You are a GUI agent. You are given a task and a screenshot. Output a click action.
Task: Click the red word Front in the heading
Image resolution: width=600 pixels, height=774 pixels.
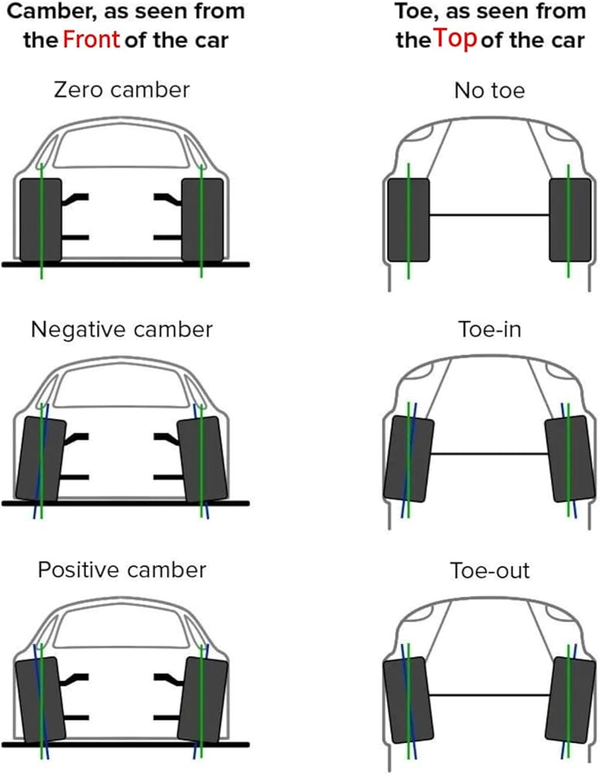click(x=91, y=39)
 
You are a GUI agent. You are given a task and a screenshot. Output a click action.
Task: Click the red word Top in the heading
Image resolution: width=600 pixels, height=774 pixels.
click(x=455, y=39)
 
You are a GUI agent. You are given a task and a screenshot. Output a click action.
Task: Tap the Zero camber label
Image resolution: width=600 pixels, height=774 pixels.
click(x=121, y=90)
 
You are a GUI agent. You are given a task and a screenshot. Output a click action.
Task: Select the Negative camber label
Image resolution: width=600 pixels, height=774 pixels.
click(x=122, y=330)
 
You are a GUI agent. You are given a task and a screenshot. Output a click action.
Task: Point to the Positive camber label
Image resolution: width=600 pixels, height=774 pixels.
click(x=122, y=570)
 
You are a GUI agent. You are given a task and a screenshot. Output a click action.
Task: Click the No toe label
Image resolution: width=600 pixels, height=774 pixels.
click(x=489, y=91)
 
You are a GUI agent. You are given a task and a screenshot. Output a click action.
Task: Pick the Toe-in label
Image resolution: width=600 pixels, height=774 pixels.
click(x=489, y=330)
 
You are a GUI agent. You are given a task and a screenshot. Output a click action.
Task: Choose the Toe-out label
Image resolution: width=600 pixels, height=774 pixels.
click(x=489, y=571)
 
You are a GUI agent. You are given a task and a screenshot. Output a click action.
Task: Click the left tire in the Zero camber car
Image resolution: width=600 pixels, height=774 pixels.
click(x=40, y=219)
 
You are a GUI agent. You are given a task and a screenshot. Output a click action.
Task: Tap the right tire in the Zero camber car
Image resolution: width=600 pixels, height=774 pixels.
click(x=203, y=219)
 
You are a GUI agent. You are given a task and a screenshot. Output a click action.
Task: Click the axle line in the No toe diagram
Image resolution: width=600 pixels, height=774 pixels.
click(x=489, y=214)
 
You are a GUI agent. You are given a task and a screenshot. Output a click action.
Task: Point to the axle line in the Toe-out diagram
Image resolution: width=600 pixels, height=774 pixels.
click(x=489, y=695)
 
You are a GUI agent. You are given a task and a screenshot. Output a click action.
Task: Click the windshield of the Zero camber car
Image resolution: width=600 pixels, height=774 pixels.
click(x=122, y=147)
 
